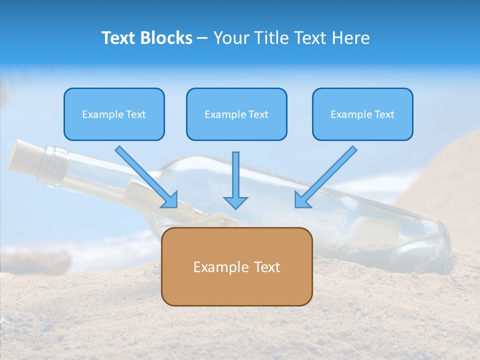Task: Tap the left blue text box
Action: coord(114,114)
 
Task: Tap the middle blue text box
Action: coord(236,114)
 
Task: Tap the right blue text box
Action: coord(362,114)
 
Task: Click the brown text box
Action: coord(236,266)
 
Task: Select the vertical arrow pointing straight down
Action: coord(235,180)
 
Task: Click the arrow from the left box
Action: coord(145,175)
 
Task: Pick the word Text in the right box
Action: coord(383,114)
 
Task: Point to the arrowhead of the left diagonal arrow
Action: coord(170,200)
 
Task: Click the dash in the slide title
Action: coord(203,38)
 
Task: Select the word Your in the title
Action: coord(229,38)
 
